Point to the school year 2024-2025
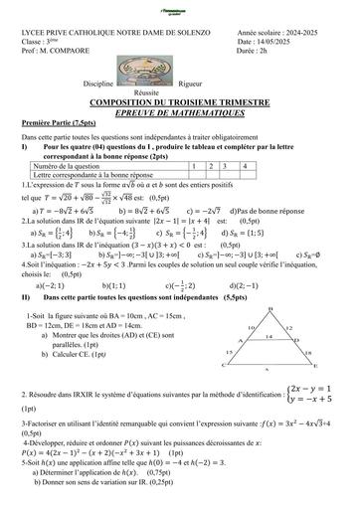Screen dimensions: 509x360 299,33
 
